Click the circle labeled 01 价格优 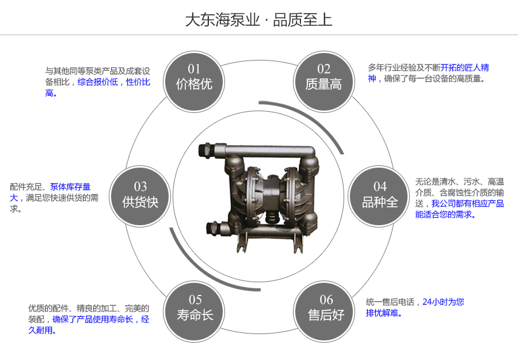tap(194, 77)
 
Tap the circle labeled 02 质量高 tap(323, 77)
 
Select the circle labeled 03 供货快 tap(140, 195)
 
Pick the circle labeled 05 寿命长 tap(195, 308)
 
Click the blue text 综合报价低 tap(98, 82)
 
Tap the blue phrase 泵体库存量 tap(70, 187)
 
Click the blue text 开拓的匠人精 tap(465, 67)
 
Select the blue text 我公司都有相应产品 tap(468, 203)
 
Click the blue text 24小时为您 tap(443, 302)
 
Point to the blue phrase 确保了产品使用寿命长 tap(93, 319)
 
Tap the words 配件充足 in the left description tap(26, 187)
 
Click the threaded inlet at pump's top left tap(204, 149)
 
